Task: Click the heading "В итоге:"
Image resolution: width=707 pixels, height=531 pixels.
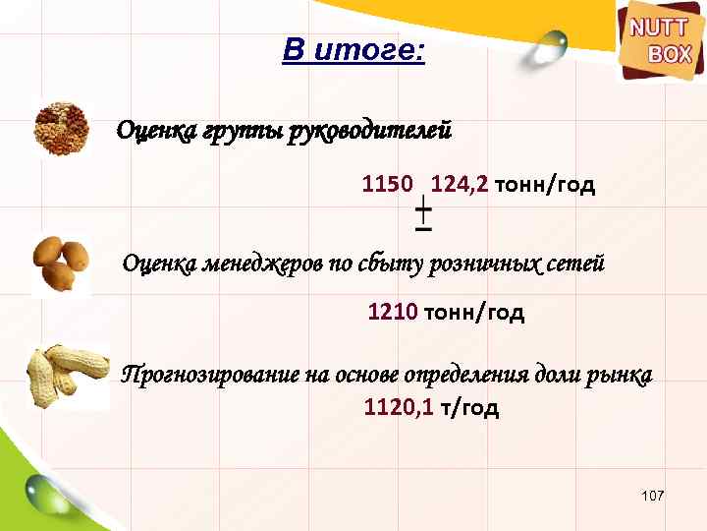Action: click(353, 49)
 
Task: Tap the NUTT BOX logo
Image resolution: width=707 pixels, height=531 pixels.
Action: click(659, 42)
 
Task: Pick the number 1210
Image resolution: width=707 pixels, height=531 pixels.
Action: click(394, 313)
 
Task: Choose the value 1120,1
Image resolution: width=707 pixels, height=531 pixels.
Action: click(399, 407)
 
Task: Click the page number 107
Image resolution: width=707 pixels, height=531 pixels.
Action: click(652, 499)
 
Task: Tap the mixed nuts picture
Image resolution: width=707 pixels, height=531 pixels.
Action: click(62, 128)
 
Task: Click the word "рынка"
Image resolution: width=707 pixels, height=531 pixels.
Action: click(624, 376)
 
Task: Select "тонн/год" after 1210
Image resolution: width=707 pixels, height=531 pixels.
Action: click(474, 313)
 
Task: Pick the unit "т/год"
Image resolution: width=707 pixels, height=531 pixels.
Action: click(469, 407)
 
